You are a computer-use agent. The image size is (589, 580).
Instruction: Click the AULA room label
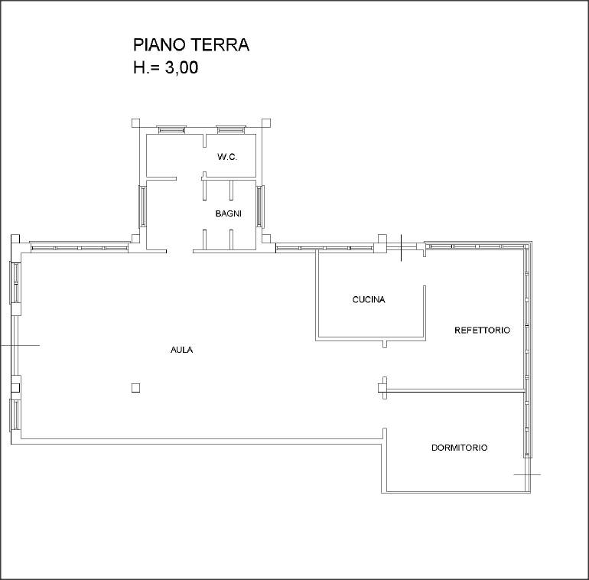coord(182,350)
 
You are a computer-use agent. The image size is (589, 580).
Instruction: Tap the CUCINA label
coord(369,299)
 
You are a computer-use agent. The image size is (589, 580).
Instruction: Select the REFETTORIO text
coord(483,331)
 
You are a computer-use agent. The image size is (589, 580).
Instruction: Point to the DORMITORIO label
coord(460,448)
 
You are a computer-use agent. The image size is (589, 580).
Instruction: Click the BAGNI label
coord(229,213)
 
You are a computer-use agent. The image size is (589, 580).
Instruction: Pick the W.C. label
coord(227,157)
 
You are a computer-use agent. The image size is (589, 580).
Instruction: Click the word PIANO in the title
coord(160,44)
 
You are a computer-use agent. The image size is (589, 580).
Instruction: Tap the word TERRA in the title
coord(220,44)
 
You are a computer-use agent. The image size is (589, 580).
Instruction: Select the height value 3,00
coord(181,68)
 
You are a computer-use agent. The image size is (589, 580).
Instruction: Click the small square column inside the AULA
coord(135,388)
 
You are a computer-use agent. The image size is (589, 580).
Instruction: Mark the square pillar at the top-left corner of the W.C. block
coord(135,123)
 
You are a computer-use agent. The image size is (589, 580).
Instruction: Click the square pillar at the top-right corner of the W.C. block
coord(266,123)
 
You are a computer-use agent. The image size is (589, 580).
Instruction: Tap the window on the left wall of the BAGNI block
coord(142,207)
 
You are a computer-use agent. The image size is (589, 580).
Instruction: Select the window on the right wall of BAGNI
coord(260,207)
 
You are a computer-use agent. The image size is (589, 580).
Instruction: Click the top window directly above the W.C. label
coord(231,129)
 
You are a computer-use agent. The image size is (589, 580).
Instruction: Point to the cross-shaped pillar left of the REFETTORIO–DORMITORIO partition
coord(382,388)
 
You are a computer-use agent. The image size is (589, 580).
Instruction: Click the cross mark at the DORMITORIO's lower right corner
coord(527,474)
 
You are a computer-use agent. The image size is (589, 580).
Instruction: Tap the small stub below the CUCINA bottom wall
coord(384,344)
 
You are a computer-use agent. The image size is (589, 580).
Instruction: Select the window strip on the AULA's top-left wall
coord(80,247)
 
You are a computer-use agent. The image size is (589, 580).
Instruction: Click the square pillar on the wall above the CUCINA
coord(382,239)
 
